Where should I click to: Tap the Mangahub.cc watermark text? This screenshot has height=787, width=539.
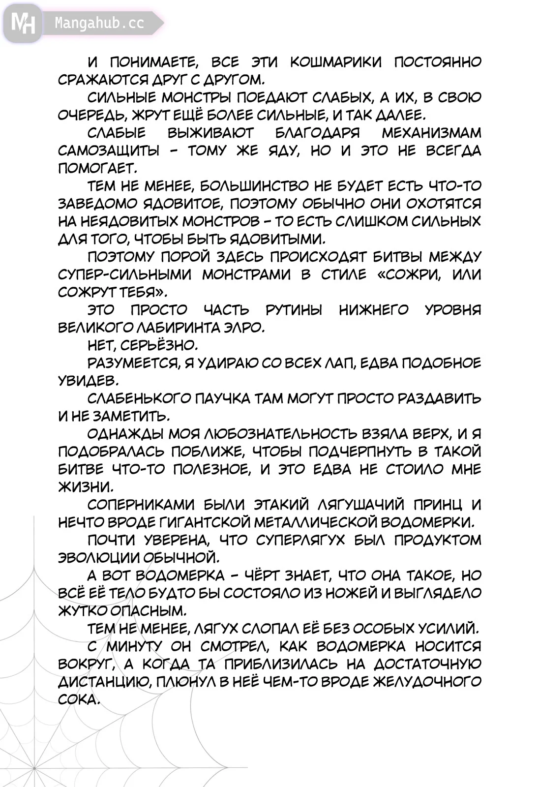tap(99, 23)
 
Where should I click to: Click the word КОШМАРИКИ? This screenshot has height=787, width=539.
tap(335, 62)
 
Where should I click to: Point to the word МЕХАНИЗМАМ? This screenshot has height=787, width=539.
tap(431, 133)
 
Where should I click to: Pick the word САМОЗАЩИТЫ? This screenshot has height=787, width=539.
tap(109, 151)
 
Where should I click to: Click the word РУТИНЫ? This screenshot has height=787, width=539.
tap(294, 310)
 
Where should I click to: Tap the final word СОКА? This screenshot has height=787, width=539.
tap(79, 699)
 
